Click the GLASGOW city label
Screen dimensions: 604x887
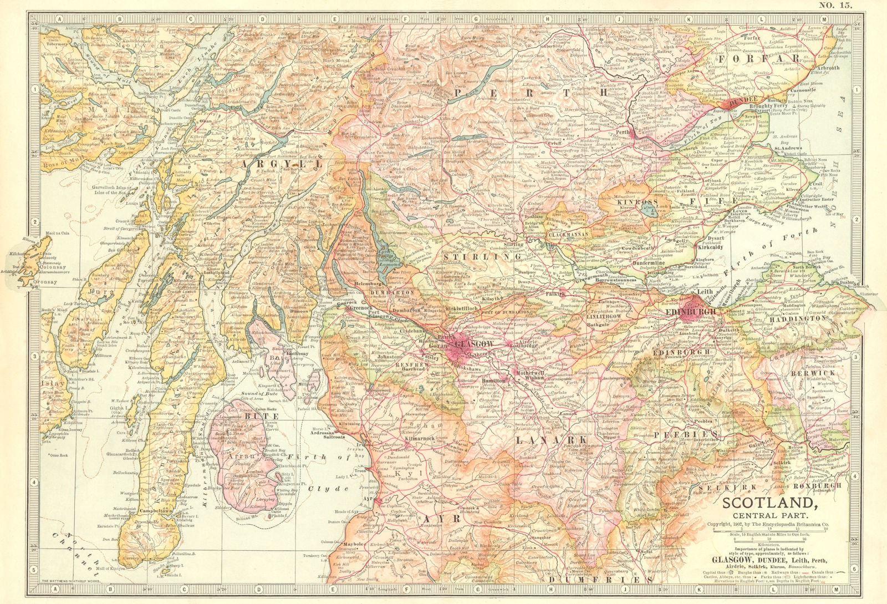[472, 344]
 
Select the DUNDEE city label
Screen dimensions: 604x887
[746, 101]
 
